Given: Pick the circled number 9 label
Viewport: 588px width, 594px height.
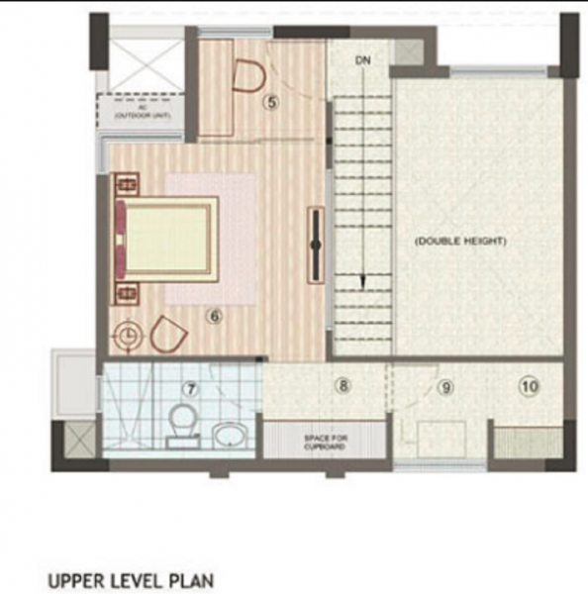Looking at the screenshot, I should (x=445, y=388).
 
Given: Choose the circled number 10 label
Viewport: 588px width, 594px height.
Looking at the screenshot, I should (x=530, y=387).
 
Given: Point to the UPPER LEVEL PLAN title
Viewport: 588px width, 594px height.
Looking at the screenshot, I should (x=130, y=578).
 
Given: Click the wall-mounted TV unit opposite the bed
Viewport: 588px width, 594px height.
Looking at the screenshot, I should (x=316, y=243).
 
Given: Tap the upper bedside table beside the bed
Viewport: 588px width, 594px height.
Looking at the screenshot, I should (x=128, y=184).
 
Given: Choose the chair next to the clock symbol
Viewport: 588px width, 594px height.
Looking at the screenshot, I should (x=167, y=336).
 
